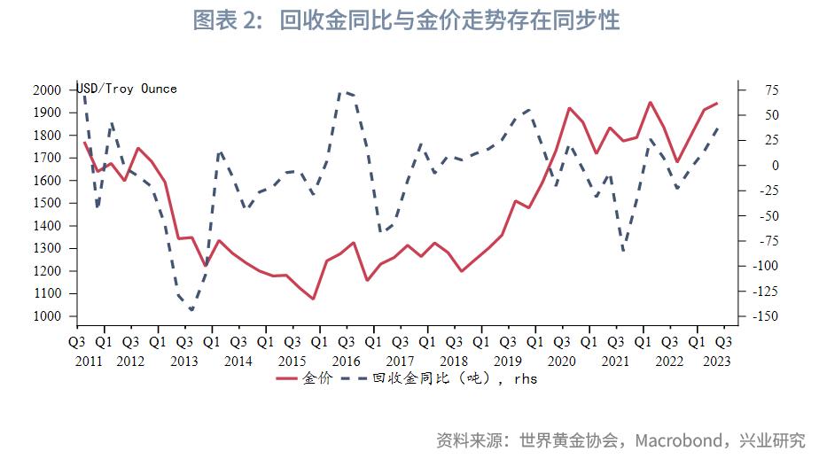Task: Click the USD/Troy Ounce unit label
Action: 127,89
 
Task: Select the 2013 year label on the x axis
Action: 184,361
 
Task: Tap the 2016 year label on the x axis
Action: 346,361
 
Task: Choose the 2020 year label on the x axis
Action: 562,361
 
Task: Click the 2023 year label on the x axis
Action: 716,361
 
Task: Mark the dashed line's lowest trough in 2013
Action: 191,309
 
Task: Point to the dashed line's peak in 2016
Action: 344,91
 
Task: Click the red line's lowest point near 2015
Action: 314,299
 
